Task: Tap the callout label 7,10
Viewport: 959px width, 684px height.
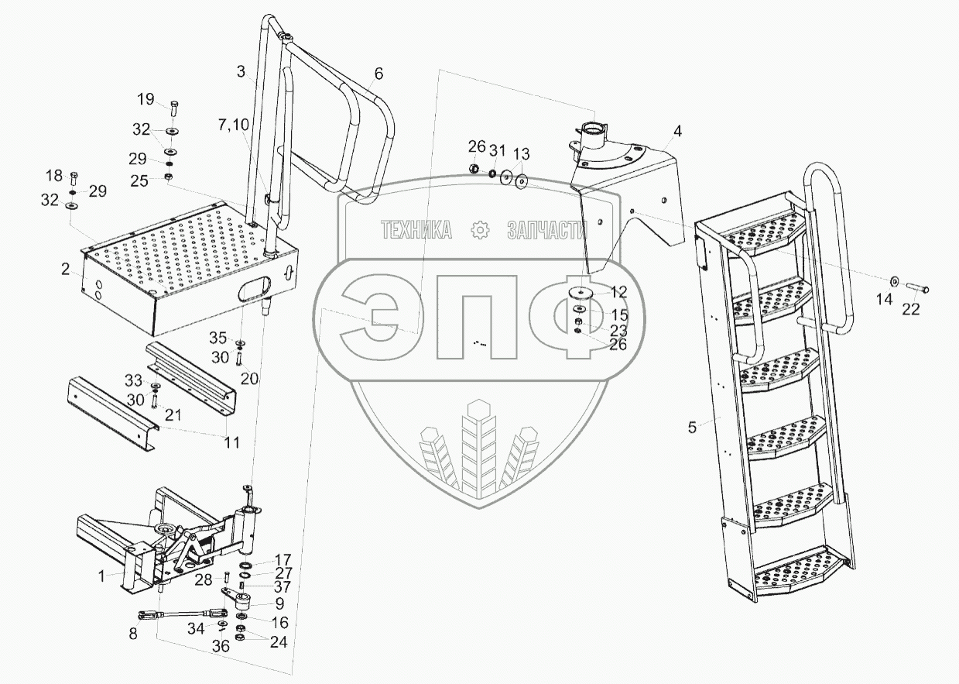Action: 233,125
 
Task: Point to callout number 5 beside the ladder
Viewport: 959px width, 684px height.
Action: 693,425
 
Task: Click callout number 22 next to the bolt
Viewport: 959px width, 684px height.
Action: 911,308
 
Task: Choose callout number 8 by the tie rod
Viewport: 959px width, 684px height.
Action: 135,633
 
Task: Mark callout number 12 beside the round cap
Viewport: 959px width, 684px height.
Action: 618,291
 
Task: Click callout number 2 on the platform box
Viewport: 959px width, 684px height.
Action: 67,270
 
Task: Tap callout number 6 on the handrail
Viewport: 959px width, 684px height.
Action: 378,74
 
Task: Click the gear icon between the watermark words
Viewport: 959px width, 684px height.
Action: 481,229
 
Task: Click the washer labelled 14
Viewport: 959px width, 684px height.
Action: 894,280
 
